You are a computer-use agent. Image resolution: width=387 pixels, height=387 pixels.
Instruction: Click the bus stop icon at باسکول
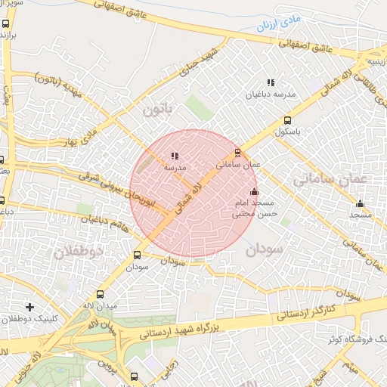coord(287,120)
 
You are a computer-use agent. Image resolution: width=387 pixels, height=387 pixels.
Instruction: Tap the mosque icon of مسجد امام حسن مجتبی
coord(254,192)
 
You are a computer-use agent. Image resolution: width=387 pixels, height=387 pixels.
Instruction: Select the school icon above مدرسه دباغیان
coord(270,82)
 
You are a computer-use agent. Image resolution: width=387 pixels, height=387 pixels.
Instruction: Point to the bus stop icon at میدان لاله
coord(101,294)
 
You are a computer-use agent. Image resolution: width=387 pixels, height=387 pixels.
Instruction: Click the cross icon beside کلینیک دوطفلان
coord(29,307)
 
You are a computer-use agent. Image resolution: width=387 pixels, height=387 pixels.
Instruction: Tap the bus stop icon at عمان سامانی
coord(237,153)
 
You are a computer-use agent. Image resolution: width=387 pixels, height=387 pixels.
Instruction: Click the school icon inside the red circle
coord(175,156)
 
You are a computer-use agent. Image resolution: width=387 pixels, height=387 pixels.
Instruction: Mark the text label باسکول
coord(289,132)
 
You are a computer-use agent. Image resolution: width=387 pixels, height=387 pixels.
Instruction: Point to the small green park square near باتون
coord(199,107)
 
